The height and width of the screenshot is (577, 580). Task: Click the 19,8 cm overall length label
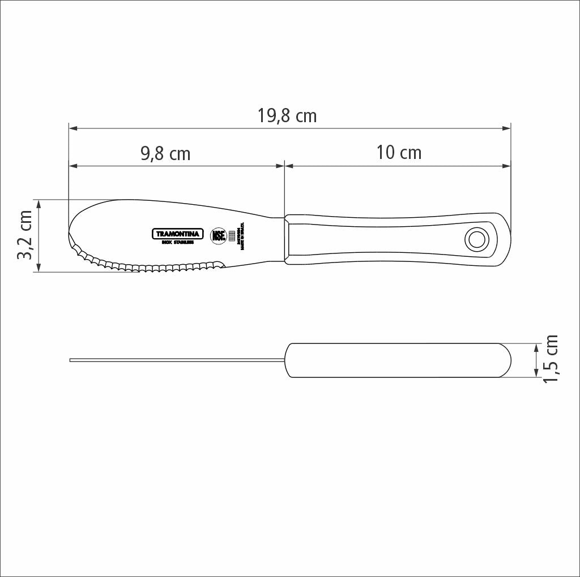pyautogui.click(x=287, y=116)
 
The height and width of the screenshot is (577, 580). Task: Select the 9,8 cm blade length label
pyautogui.click(x=165, y=153)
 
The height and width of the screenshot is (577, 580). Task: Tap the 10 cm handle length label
pyautogui.click(x=399, y=153)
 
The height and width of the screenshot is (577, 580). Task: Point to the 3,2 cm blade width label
pyautogui.click(x=25, y=235)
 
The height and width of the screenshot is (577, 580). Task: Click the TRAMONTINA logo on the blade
pyautogui.click(x=177, y=234)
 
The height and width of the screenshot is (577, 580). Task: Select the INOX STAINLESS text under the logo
pyautogui.click(x=178, y=243)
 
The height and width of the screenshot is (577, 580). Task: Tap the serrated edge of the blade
pyautogui.click(x=147, y=265)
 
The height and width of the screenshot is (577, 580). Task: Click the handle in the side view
pyautogui.click(x=396, y=360)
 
